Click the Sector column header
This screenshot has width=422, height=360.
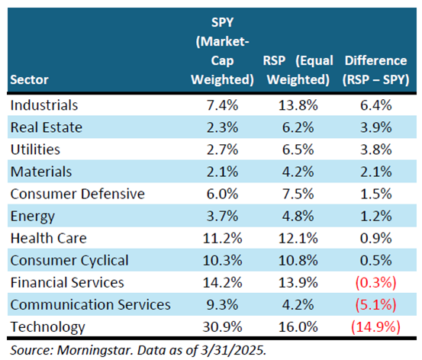point(29,79)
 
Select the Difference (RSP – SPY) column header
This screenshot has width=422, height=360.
point(375,70)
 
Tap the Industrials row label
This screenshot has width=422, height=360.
point(44,105)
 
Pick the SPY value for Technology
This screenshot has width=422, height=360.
point(222,327)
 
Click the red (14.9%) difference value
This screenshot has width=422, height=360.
point(375,327)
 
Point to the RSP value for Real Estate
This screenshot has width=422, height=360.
point(298,127)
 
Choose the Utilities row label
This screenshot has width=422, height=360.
point(35,149)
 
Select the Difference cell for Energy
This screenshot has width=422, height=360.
point(375,216)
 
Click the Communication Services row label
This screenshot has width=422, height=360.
point(90,305)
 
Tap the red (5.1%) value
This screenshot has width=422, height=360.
point(375,305)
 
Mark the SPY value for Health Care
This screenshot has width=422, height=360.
point(222,238)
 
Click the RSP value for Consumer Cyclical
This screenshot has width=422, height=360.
point(298,260)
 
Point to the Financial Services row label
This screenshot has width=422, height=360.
point(67,282)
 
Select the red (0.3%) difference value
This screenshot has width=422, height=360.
point(375,282)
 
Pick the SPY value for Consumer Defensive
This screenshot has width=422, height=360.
point(222,194)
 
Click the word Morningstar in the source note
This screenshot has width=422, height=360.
point(95,350)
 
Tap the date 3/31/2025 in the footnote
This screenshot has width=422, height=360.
point(233,350)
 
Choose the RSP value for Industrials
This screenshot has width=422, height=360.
point(298,105)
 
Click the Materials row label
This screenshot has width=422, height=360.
point(41,172)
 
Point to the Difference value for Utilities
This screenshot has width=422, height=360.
point(375,149)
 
